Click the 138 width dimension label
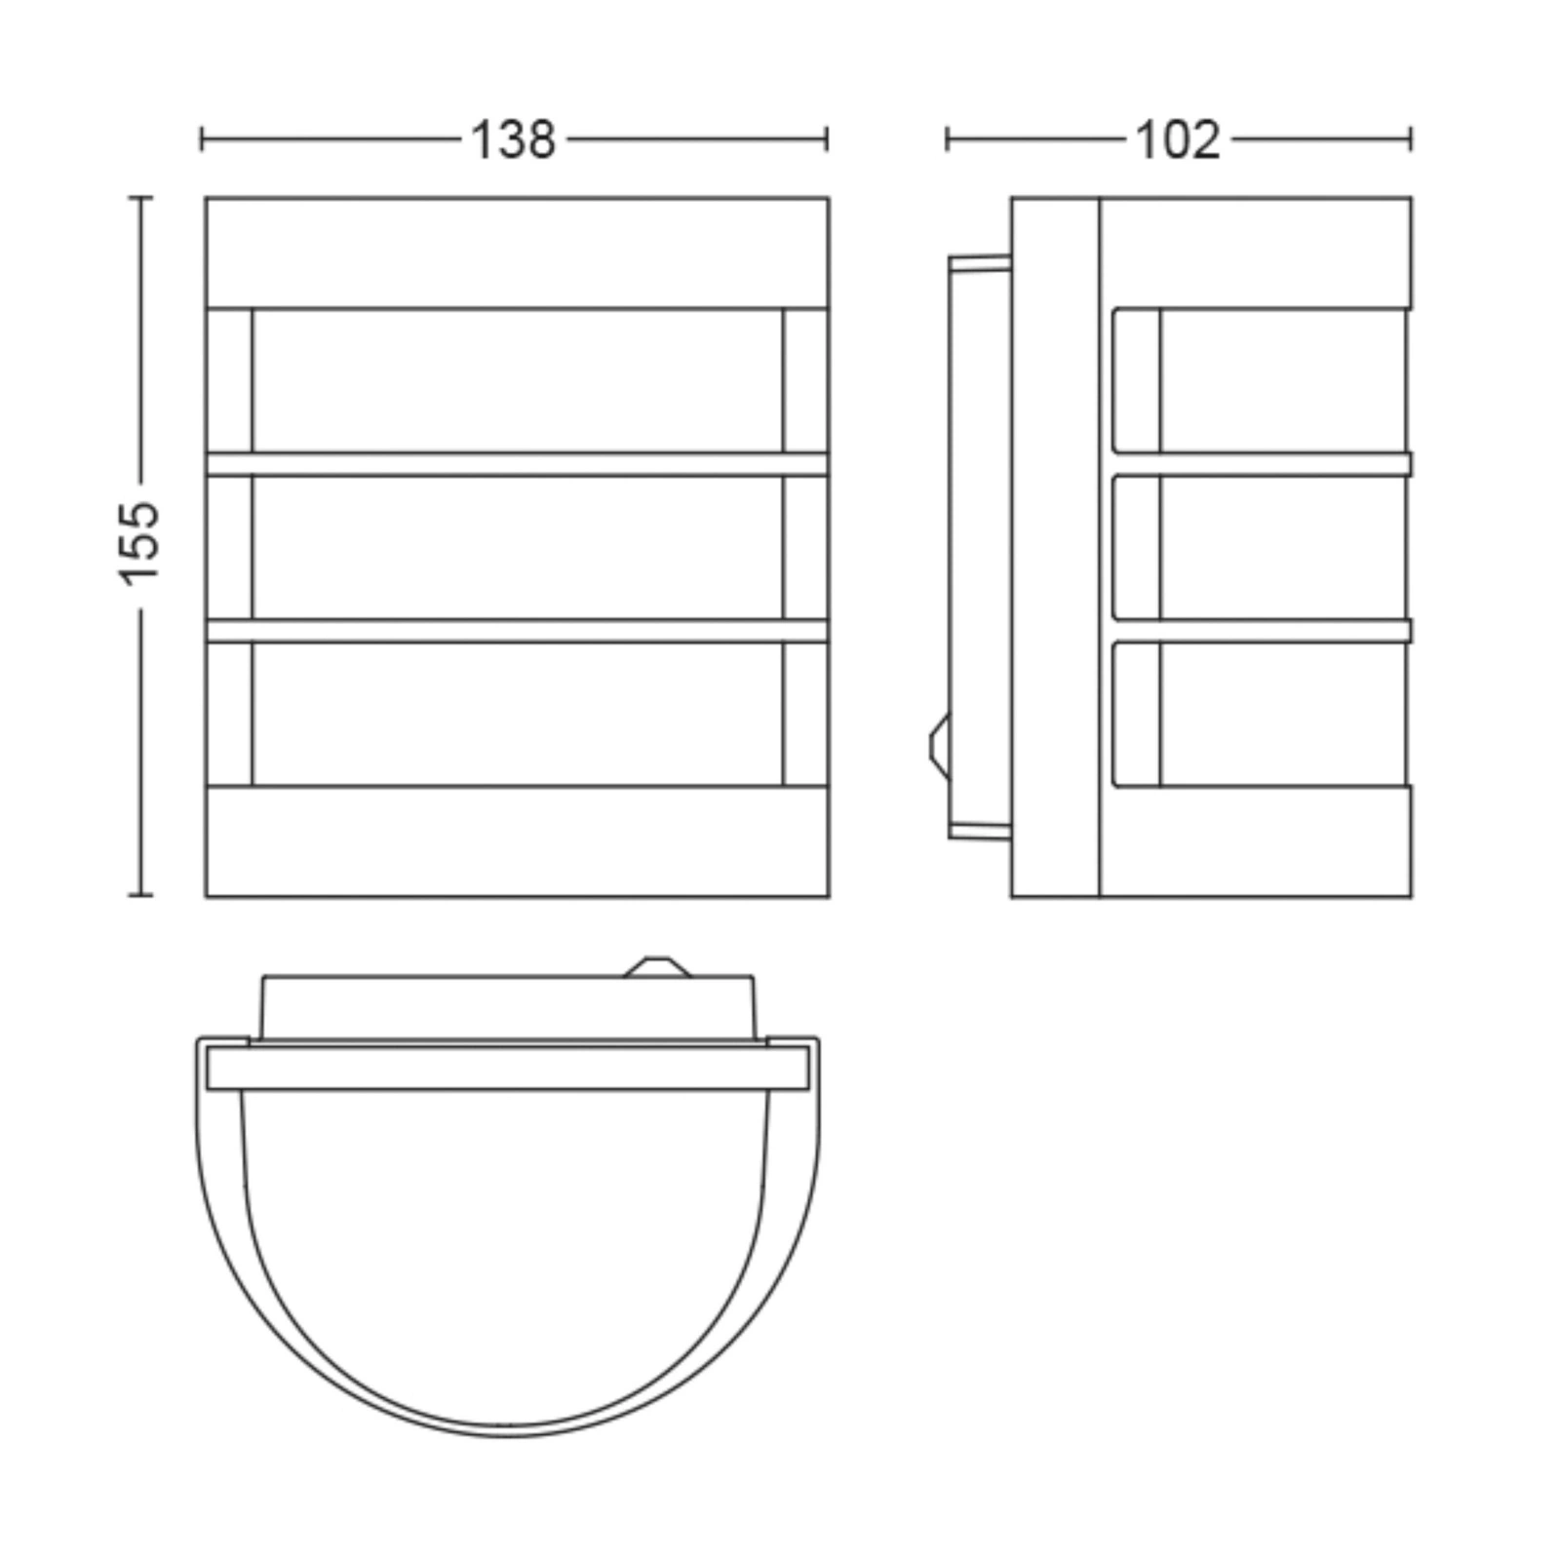(513, 140)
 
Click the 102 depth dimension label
(1178, 140)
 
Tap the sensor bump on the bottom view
(657, 966)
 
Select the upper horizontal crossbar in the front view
(517, 464)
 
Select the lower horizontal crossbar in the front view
(517, 630)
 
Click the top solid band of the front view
(517, 253)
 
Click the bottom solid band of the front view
(517, 840)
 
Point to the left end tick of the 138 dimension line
(202, 139)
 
